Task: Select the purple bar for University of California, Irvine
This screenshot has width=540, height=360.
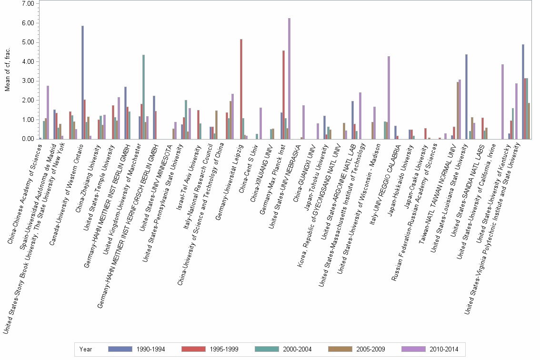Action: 502,102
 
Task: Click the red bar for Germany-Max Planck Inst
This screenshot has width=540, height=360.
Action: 283,95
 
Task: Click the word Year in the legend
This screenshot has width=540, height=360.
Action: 86,350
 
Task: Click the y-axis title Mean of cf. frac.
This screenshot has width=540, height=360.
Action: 7,71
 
